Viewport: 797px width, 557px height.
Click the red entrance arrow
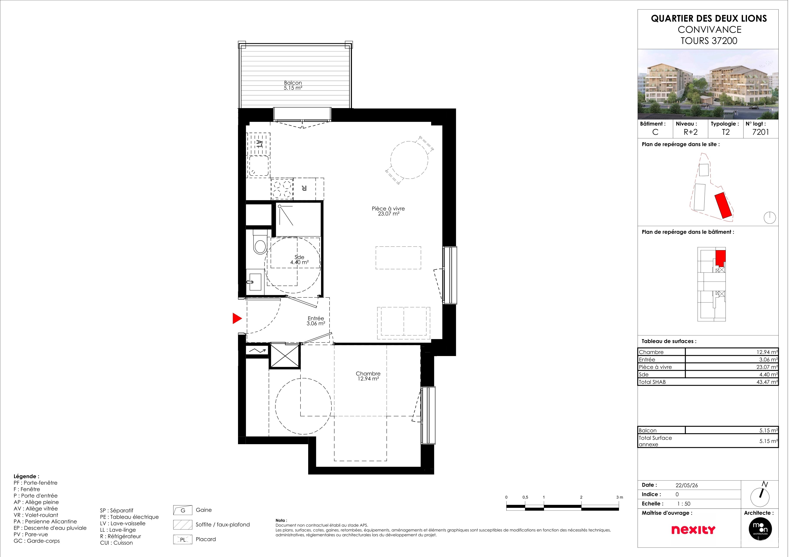click(x=239, y=322)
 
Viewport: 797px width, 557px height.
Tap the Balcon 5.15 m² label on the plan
click(x=296, y=86)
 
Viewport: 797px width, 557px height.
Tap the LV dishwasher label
click(x=262, y=145)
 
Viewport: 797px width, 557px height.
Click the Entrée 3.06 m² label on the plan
click(x=319, y=324)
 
